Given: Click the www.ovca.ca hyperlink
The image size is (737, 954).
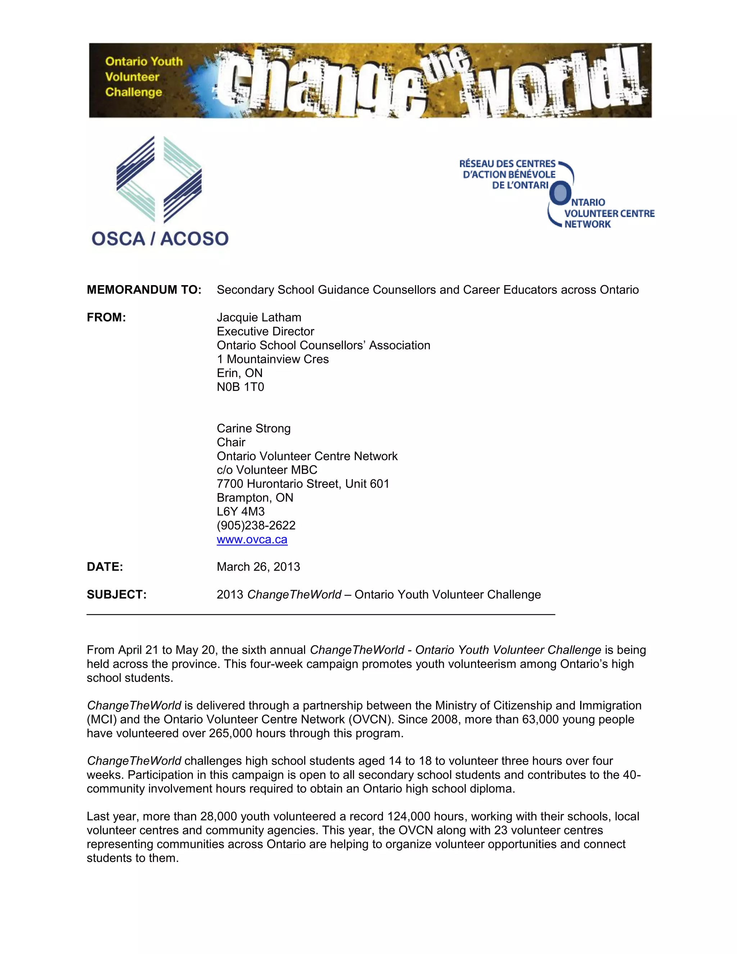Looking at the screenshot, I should [x=252, y=540].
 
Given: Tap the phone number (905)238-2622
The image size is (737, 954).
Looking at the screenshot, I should [x=256, y=526].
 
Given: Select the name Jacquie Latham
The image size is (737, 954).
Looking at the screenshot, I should [x=259, y=318].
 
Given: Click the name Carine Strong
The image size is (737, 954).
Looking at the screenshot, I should [x=254, y=428].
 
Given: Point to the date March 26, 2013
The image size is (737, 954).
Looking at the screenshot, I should [x=258, y=567].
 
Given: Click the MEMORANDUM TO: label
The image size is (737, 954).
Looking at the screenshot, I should [x=144, y=290].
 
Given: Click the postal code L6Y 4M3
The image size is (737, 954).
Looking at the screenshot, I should [x=241, y=512].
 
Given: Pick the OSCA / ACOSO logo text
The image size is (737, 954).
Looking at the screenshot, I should [x=160, y=239].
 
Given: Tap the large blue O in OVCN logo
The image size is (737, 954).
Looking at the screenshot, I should [x=560, y=193].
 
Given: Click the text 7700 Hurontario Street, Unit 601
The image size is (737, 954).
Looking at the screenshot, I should [x=303, y=484].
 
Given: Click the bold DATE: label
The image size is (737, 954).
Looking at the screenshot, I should [x=105, y=567].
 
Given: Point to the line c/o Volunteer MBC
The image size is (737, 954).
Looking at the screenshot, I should [x=267, y=470].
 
